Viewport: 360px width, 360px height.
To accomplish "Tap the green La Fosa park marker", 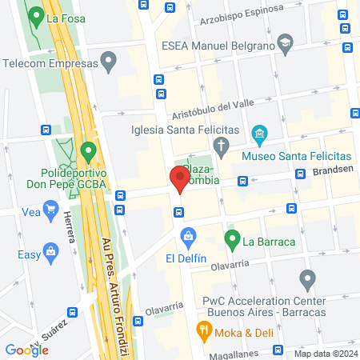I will click(x=35, y=15).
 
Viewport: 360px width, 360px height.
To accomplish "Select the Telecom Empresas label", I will click(x=48, y=63).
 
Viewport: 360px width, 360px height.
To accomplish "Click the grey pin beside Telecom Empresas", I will click(x=110, y=60).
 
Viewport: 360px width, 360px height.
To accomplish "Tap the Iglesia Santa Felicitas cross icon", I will click(x=222, y=145).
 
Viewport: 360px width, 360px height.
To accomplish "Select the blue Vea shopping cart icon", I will click(x=52, y=212).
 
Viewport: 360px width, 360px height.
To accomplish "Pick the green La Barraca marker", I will click(x=232, y=238).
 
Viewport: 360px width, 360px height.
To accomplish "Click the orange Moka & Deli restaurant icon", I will click(x=204, y=330).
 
